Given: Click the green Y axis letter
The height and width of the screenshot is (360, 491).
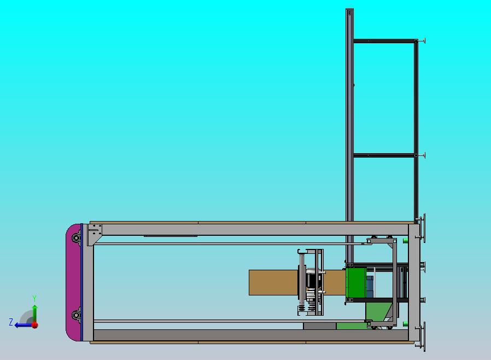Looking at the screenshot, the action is tap(34, 298).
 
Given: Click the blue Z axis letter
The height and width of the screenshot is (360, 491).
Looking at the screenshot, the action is tap(11, 322).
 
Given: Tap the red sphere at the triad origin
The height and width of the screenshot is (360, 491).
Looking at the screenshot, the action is tap(35, 325).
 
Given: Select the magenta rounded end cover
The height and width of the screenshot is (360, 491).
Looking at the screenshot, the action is tap(73, 282).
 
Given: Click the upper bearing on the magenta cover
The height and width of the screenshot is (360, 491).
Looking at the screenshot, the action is tap(76, 238).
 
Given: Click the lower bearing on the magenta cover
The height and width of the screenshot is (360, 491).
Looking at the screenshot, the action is tap(76, 315).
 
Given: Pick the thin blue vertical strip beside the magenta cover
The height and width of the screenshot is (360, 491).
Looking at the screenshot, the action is tap(81, 282).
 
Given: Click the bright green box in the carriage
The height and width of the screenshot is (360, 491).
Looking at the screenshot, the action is tap(356, 283).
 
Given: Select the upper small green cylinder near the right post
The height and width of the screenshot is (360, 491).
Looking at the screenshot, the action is tap(405, 241).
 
